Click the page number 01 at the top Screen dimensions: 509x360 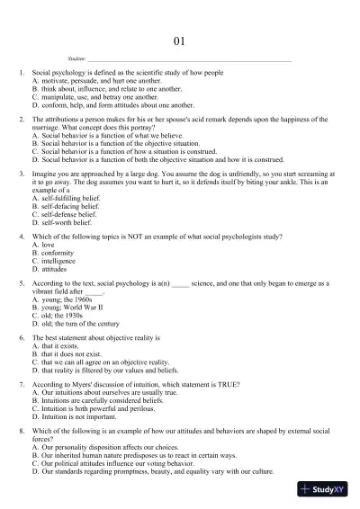click(179, 40)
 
